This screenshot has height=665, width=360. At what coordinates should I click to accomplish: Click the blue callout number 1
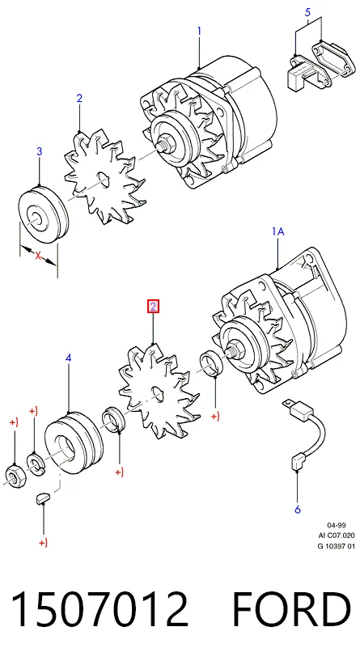pyautogui.click(x=199, y=32)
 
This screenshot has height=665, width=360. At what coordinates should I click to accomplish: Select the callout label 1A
pyautogui.click(x=277, y=231)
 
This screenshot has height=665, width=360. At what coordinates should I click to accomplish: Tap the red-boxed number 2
pyautogui.click(x=153, y=306)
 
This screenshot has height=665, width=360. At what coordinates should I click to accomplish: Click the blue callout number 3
pyautogui.click(x=40, y=151)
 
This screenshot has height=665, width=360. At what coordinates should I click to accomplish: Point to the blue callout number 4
pyautogui.click(x=68, y=358)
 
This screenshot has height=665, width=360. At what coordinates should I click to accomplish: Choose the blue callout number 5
pyautogui.click(x=308, y=12)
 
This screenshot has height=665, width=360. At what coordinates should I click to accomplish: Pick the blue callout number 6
pyautogui.click(x=298, y=510)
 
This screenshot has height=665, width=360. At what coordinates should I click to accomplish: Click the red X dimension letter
pyautogui.click(x=38, y=256)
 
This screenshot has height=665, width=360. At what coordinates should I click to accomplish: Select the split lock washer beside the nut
pyautogui.click(x=34, y=461)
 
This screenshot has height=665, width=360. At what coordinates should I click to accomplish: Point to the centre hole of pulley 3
pyautogui.click(x=35, y=217)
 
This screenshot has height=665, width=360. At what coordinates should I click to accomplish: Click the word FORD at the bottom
pyautogui.click(x=292, y=610)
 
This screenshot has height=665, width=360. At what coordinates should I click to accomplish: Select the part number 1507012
pyautogui.click(x=100, y=610)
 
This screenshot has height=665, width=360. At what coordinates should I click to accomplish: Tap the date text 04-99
pyautogui.click(x=337, y=526)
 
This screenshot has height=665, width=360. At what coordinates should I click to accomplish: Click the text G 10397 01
pyautogui.click(x=337, y=546)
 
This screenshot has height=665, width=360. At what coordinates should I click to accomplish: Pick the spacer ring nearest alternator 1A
pyautogui.click(x=211, y=363)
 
